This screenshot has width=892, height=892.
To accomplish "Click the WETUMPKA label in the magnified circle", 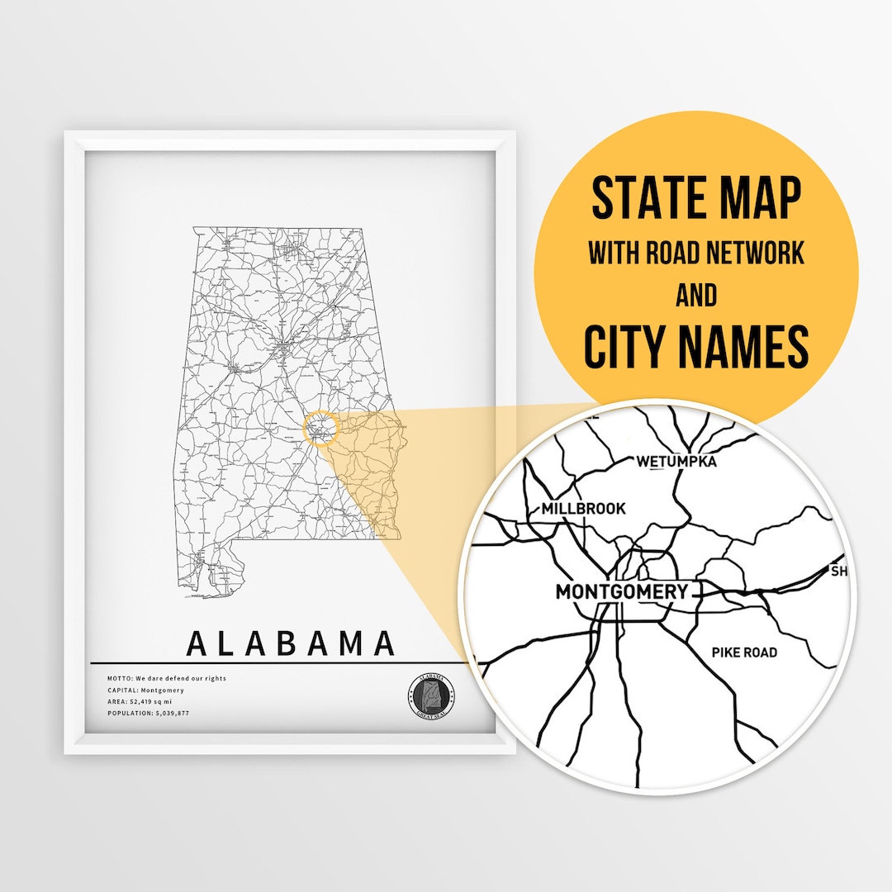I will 676,461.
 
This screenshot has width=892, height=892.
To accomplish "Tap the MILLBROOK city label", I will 583,509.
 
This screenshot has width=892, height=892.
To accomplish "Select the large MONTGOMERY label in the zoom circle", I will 621,591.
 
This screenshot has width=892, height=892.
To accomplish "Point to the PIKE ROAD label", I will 744,652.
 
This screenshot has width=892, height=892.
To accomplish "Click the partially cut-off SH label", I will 838,571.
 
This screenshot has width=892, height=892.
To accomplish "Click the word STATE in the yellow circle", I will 645,198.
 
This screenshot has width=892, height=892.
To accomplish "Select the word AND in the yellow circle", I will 696,295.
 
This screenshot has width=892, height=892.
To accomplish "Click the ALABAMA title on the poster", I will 291,643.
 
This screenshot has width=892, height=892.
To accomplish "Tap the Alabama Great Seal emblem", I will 431,695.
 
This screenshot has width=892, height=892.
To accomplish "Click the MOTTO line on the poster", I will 166,678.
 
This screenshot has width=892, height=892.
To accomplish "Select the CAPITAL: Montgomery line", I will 145,690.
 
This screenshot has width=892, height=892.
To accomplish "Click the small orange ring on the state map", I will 321,429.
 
